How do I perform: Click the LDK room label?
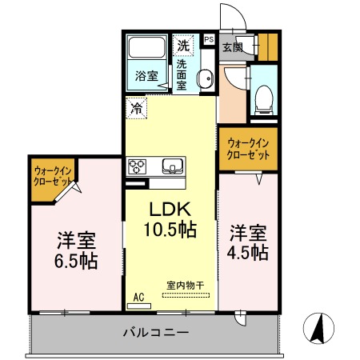click(x=170, y=210)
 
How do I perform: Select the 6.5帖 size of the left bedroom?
click(x=77, y=261)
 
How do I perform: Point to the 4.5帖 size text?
click(x=249, y=253)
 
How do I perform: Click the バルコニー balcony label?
click(x=156, y=332)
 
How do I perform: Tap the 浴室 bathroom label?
click(x=146, y=77)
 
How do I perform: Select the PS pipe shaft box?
click(x=209, y=38)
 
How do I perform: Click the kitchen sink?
click(x=173, y=166)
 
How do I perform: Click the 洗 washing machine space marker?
click(x=185, y=45)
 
